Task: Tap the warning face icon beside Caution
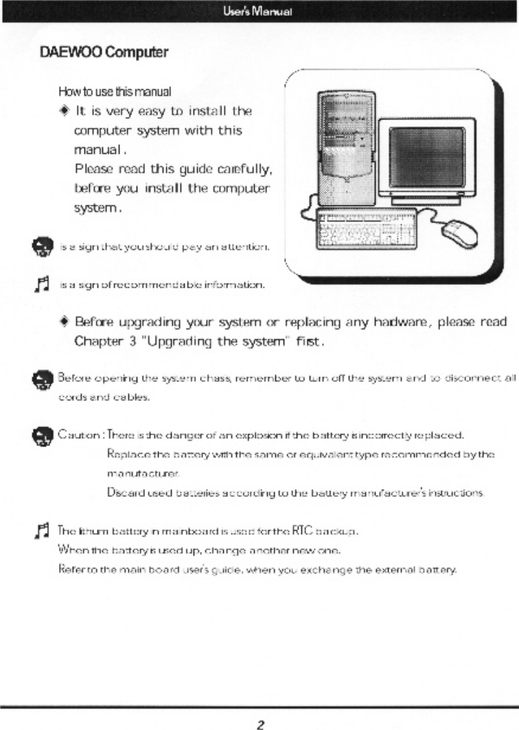[x=43, y=436]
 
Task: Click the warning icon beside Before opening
[x=43, y=378]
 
